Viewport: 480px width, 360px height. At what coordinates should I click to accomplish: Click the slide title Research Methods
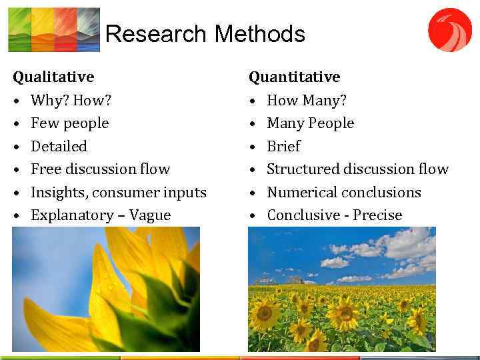click(x=205, y=34)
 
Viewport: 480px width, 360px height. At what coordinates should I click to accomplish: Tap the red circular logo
click(x=449, y=29)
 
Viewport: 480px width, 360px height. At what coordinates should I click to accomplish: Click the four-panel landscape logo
click(x=53, y=29)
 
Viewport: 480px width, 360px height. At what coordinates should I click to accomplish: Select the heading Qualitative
click(x=53, y=77)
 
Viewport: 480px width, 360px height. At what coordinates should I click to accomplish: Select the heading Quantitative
click(x=294, y=77)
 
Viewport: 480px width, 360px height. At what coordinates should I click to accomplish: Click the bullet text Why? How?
click(x=71, y=101)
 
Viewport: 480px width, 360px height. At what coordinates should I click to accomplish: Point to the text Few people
click(x=69, y=123)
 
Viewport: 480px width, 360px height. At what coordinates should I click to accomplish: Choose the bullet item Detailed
click(x=59, y=146)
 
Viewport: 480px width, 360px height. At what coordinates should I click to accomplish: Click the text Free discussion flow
click(x=100, y=169)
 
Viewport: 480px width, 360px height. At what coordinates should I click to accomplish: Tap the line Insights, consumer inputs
click(x=118, y=193)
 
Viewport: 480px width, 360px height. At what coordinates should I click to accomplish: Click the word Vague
click(x=150, y=215)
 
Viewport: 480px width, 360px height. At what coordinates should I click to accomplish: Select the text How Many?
click(x=306, y=101)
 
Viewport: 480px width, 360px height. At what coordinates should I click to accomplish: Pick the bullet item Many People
click(x=310, y=123)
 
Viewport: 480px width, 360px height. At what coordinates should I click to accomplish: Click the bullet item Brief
click(x=283, y=146)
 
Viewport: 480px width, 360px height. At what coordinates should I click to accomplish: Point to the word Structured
click(x=301, y=169)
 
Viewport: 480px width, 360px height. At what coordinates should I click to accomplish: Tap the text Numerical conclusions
click(x=343, y=193)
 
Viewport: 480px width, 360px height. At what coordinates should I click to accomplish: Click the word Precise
click(x=377, y=215)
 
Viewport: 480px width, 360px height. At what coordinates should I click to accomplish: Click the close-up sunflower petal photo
click(x=106, y=289)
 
